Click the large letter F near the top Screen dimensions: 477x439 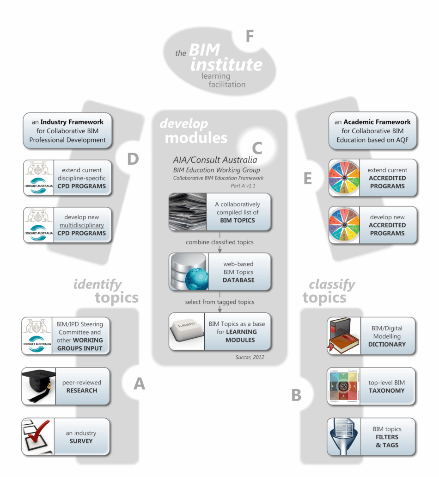(250, 36)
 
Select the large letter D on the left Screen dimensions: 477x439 (133, 159)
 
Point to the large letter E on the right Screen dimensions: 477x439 (308, 179)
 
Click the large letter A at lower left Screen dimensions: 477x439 (139, 383)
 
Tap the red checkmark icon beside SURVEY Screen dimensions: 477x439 (38, 437)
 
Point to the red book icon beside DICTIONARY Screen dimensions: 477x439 (343, 336)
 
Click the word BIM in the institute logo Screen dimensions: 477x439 (204, 50)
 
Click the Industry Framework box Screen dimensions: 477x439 (68, 131)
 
